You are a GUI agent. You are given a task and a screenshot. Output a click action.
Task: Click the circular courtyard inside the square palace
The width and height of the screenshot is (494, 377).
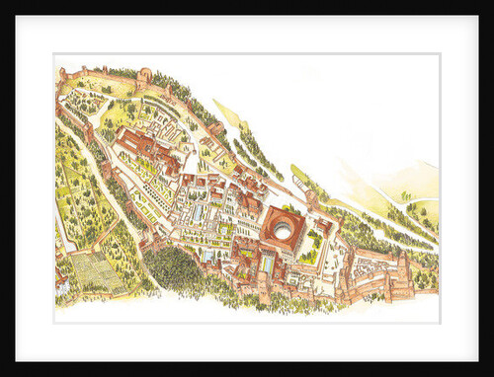284,230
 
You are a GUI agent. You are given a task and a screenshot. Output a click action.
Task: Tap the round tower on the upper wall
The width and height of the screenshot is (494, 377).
145,76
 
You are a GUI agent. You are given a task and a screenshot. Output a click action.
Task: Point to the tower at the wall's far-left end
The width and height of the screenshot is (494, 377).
63,74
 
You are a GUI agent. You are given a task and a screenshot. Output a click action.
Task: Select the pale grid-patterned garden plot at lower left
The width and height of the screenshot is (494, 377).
98,269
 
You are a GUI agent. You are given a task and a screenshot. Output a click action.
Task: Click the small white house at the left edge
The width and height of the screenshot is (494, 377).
60,285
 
